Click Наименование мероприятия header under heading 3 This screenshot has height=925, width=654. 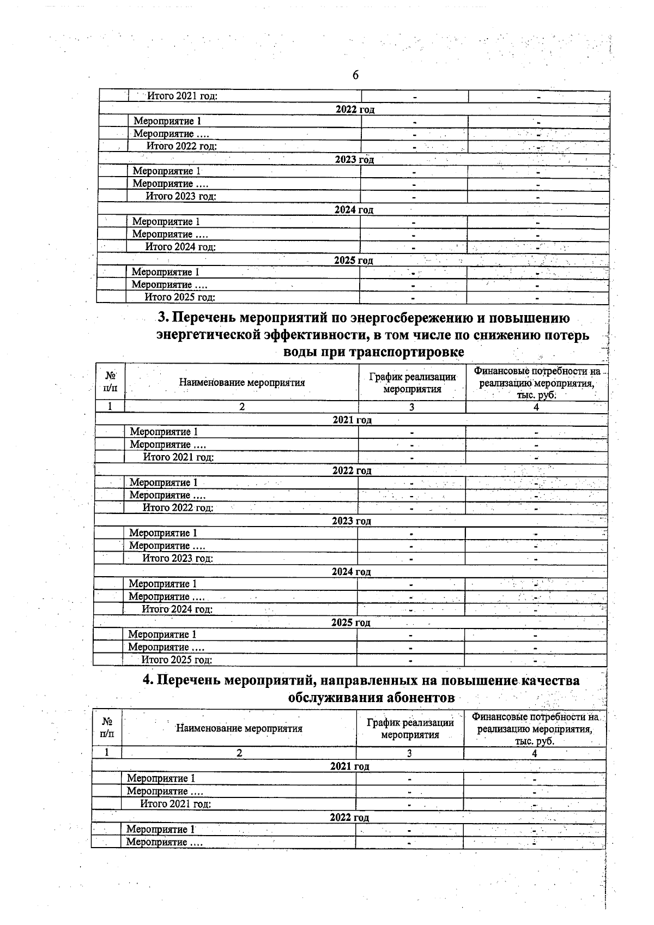[241, 383]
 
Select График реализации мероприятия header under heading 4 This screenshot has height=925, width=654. [410, 728]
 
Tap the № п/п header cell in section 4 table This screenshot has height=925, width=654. [107, 728]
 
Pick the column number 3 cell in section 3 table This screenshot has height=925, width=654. [412, 407]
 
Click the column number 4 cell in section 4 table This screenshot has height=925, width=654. [535, 753]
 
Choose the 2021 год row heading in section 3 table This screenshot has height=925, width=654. [352, 420]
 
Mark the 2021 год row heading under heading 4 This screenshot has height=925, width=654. [349, 766]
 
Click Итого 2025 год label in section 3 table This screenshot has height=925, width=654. [177, 660]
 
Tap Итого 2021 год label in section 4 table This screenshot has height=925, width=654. [175, 804]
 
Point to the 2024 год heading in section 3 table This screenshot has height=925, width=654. [351, 572]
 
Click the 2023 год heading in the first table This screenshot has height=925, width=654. [354, 160]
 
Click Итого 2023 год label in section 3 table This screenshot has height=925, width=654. [178, 559]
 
